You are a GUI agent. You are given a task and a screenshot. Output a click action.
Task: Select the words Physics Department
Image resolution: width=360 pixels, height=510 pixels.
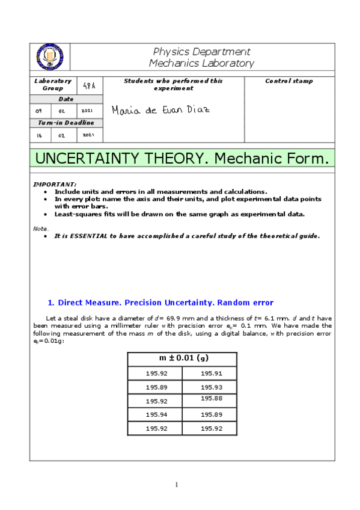click(201, 52)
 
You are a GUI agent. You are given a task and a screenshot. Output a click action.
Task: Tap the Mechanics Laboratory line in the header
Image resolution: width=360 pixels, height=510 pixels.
click(201, 63)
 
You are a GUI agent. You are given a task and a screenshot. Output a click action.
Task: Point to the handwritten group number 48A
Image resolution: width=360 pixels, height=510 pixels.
click(90, 86)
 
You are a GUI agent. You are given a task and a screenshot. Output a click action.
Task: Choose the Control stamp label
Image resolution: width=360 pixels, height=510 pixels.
click(289, 81)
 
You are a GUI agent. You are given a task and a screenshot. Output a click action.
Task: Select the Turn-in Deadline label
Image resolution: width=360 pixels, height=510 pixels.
click(66, 123)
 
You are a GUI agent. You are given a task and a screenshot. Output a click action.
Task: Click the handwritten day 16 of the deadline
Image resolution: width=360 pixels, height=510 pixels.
click(39, 135)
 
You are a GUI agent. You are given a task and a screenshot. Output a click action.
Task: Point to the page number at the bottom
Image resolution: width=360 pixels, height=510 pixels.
click(177, 485)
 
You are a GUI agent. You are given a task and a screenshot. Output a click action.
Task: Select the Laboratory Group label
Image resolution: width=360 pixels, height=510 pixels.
click(52, 84)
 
